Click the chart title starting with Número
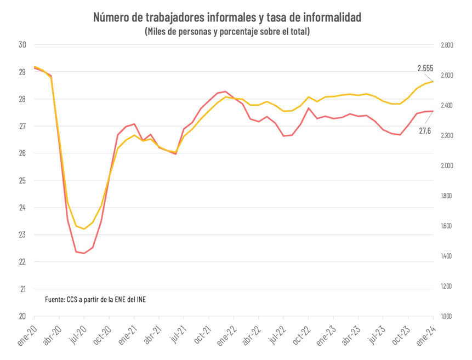coord(227,18)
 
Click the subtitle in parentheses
coord(227,32)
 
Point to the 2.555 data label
coord(425,68)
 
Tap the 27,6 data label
coord(425,130)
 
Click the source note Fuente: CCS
coord(95,299)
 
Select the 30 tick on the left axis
coord(23,45)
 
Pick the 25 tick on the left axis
coord(23,180)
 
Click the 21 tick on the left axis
coord(23,289)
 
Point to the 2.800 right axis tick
coord(447,45)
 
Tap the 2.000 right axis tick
coord(447,165)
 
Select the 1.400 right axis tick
coord(447,256)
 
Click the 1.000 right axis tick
coord(447,316)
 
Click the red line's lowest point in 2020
coord(84,253)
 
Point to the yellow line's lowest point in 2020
coord(84,228)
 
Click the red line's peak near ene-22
coord(226,92)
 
